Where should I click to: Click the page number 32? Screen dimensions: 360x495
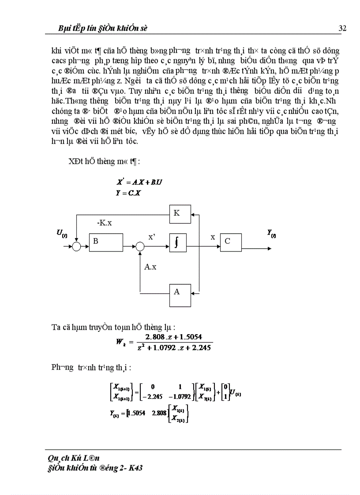(342, 29)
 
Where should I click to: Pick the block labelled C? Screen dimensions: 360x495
(230, 242)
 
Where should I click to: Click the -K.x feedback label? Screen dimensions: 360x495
(104, 223)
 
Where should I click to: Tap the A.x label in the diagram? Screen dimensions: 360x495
(150, 267)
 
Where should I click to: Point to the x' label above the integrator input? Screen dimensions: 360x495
(152, 237)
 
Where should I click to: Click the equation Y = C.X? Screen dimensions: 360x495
(128, 193)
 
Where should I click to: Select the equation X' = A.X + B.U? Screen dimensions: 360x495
(139, 182)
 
